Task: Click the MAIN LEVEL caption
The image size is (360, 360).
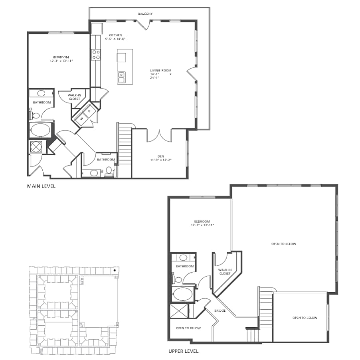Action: pos(41,186)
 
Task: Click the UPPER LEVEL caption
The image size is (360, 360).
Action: pos(183,351)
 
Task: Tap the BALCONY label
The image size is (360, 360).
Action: pos(145,14)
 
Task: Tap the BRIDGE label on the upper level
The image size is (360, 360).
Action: pos(220,311)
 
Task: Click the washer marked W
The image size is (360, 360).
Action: pos(82,118)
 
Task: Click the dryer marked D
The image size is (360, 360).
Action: pos(89,111)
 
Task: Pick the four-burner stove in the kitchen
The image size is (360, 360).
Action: pos(96,54)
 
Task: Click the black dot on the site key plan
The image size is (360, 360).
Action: pos(115,270)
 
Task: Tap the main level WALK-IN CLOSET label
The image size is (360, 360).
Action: pos(74,97)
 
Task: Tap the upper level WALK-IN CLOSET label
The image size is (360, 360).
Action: pos(224,271)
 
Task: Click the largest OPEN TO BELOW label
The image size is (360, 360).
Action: pos(283,244)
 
